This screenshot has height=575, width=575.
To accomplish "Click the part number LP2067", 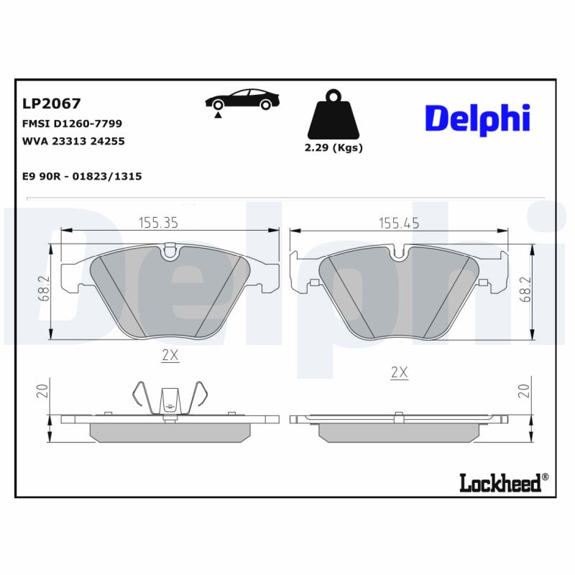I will pyautogui.click(x=51, y=103).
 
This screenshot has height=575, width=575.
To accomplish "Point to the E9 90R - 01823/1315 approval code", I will pyautogui.click(x=82, y=175).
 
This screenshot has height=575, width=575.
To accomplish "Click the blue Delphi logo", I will pyautogui.click(x=477, y=118).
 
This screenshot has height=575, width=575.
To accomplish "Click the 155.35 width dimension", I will pyautogui.click(x=158, y=223).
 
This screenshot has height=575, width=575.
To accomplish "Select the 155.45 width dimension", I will pyautogui.click(x=400, y=223).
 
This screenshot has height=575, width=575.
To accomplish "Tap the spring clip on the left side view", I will pyautogui.click(x=170, y=398).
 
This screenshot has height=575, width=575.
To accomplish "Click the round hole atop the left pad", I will pyautogui.click(x=170, y=251).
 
